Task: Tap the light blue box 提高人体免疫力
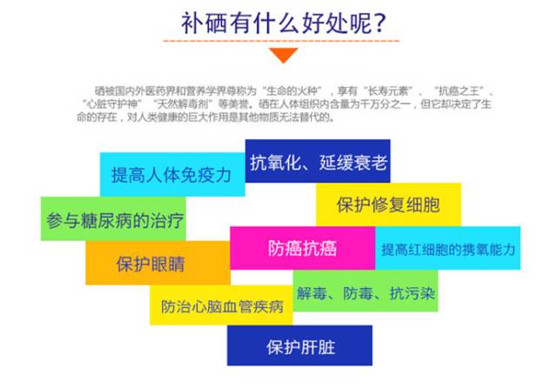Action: click(171, 175)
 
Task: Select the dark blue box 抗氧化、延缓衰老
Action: click(318, 162)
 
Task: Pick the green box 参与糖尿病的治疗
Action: click(112, 219)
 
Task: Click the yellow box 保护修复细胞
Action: click(388, 205)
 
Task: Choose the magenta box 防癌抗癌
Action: click(302, 248)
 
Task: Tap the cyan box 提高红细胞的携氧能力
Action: click(448, 249)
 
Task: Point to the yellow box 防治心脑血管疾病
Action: click(223, 306)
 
